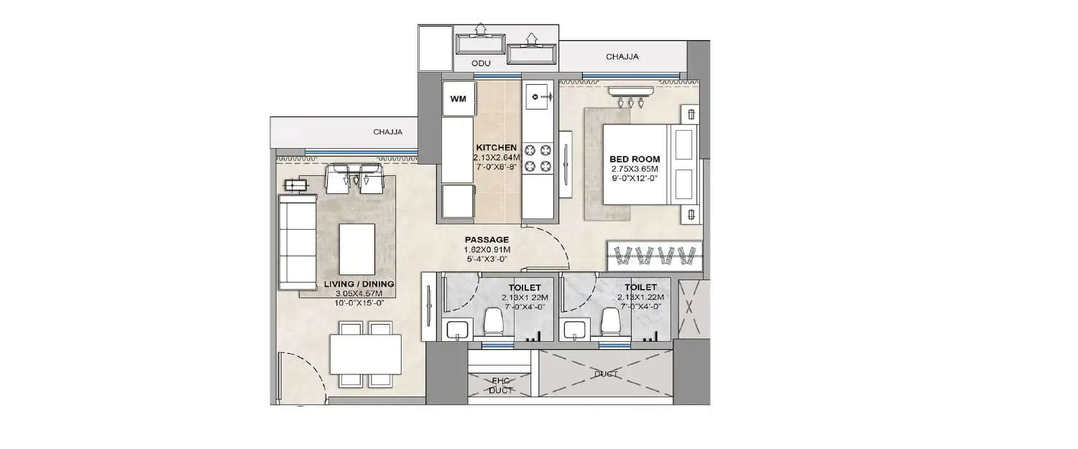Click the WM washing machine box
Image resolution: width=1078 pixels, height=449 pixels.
click(x=458, y=98)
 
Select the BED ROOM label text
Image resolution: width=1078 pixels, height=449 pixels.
click(x=635, y=159)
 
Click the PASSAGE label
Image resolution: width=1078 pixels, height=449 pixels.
click(x=487, y=240)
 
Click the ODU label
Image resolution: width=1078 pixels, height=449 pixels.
click(x=481, y=64)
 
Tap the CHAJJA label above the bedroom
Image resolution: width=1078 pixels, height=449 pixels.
click(x=622, y=56)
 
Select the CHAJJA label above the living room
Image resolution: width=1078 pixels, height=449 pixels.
click(x=387, y=132)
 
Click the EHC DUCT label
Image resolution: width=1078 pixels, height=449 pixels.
click(x=500, y=385)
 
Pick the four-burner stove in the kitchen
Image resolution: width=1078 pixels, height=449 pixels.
click(x=538, y=158)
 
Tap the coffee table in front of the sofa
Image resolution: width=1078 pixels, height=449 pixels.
click(x=356, y=244)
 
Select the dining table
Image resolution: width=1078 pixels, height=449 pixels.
click(x=365, y=354)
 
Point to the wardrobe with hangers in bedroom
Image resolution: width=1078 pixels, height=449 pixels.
click(x=654, y=254)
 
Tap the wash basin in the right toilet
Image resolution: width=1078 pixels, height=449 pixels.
click(x=576, y=330)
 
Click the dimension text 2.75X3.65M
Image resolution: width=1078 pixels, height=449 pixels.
click(x=635, y=170)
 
